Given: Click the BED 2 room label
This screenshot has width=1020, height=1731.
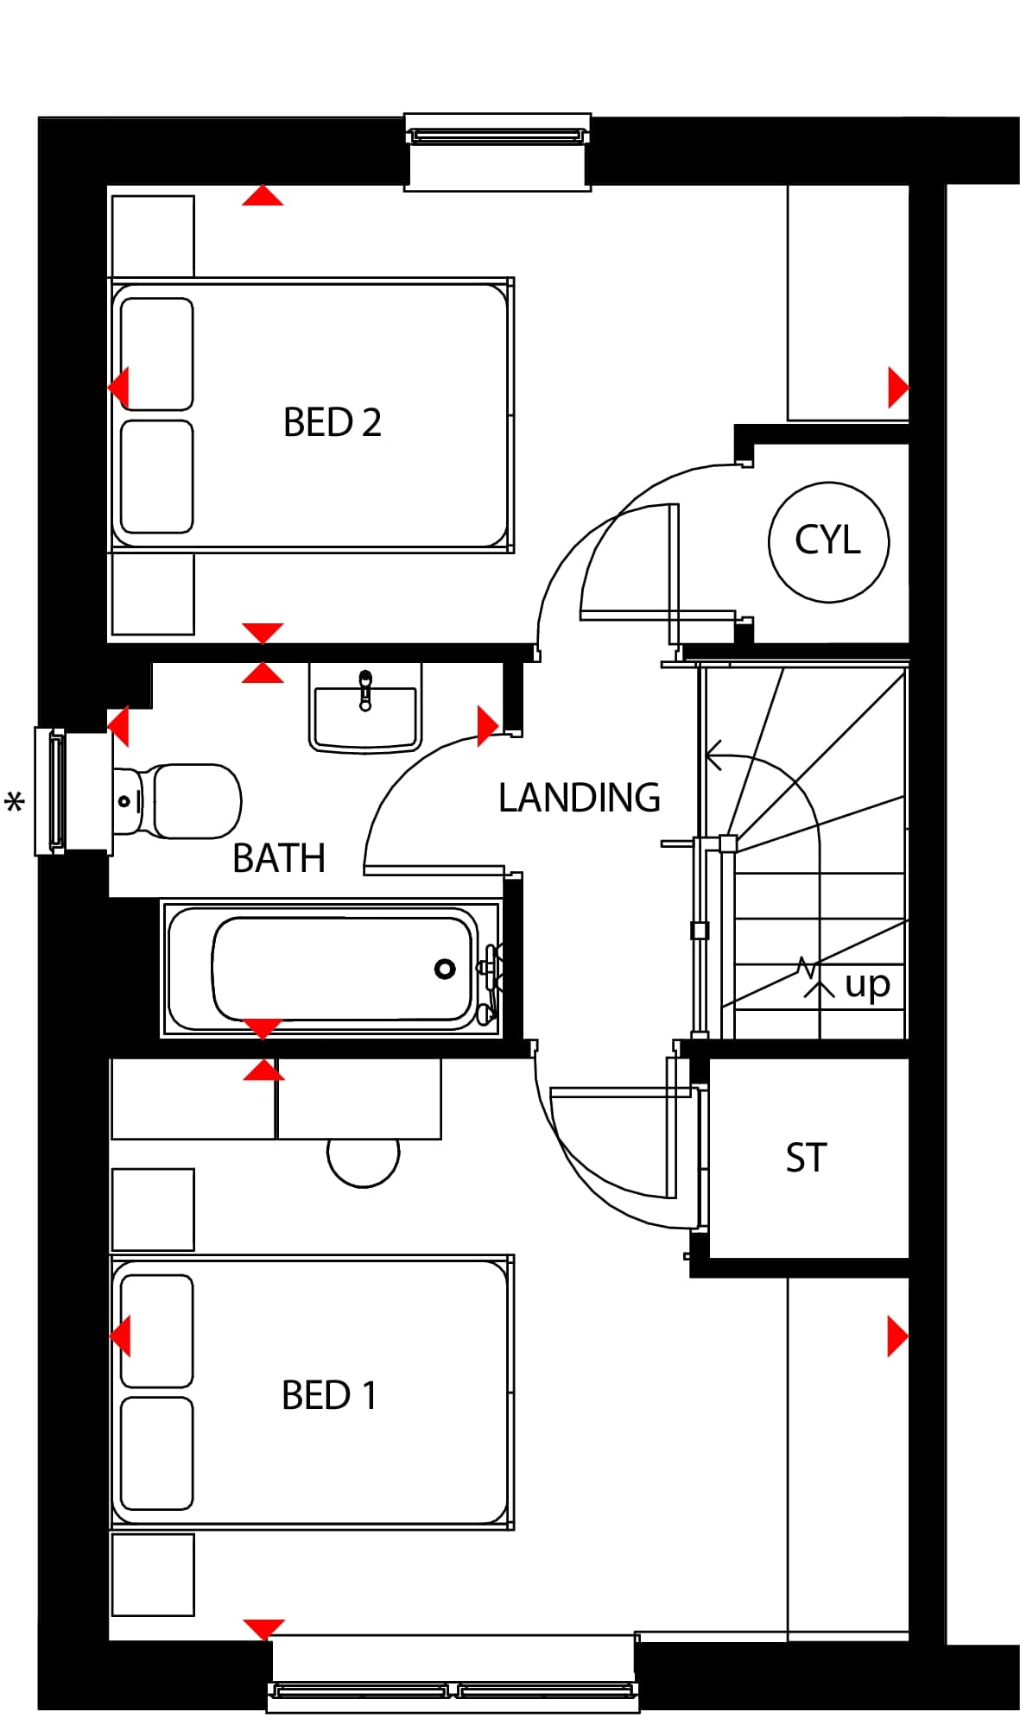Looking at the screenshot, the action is click(x=332, y=422).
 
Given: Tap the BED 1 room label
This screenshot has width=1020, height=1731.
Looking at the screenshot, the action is click(x=329, y=1395).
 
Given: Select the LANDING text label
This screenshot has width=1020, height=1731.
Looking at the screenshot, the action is click(x=579, y=798).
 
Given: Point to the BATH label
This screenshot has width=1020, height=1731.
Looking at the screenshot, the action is click(x=279, y=858).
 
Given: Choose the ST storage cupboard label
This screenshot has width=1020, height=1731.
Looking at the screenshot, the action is click(x=806, y=1158).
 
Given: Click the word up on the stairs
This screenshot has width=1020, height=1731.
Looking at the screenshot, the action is click(x=867, y=984).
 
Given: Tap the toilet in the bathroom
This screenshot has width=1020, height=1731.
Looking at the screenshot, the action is click(x=177, y=801).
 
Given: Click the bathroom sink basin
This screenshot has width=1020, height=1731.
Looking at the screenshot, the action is click(x=365, y=710).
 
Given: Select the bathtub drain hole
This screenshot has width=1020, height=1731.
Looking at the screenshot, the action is click(x=445, y=969).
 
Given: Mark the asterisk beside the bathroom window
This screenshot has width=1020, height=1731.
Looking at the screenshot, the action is click(x=15, y=804).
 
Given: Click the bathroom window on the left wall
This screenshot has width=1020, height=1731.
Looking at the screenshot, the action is click(x=50, y=792).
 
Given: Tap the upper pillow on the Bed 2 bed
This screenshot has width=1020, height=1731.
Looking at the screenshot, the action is click(x=156, y=354).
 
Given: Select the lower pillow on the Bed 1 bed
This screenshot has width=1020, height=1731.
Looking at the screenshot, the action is click(x=156, y=1453).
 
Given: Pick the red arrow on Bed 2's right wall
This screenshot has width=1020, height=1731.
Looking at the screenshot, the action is click(x=898, y=388).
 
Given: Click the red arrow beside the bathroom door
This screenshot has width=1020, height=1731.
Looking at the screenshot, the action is click(x=488, y=725).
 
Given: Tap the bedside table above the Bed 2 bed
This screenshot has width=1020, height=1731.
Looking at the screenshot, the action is click(x=153, y=236).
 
